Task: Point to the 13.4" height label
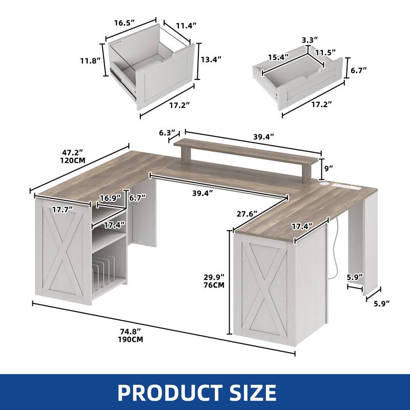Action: tap(211, 59)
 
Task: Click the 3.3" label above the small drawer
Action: tap(310, 39)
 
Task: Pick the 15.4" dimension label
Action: tap(278, 57)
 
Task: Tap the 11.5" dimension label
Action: tap(325, 52)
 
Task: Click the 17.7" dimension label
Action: tap(63, 209)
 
